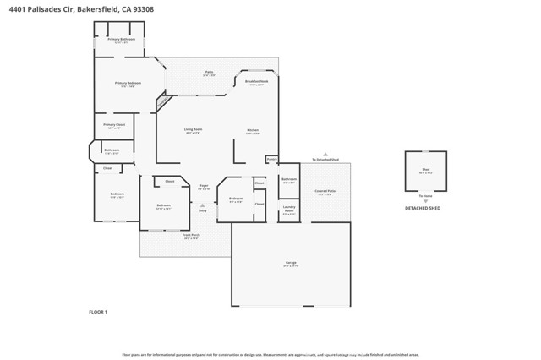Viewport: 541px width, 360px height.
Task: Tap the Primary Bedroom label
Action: click(128, 83)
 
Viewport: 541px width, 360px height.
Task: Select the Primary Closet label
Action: click(114, 125)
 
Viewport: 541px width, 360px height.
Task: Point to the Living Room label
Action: click(193, 129)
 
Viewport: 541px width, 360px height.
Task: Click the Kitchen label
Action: click(252, 130)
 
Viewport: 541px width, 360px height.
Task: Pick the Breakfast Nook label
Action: click(256, 81)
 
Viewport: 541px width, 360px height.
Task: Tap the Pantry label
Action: click(271, 158)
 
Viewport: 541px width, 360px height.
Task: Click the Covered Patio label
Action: click(325, 192)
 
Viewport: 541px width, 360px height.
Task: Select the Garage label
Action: click(290, 264)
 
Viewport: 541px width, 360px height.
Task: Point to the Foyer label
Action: click(204, 185)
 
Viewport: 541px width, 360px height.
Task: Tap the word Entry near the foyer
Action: click(202, 210)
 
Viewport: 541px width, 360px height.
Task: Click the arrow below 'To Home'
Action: click(425, 201)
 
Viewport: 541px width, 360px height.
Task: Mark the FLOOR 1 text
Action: click(98, 312)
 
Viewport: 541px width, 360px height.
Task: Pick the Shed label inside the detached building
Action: click(425, 169)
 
